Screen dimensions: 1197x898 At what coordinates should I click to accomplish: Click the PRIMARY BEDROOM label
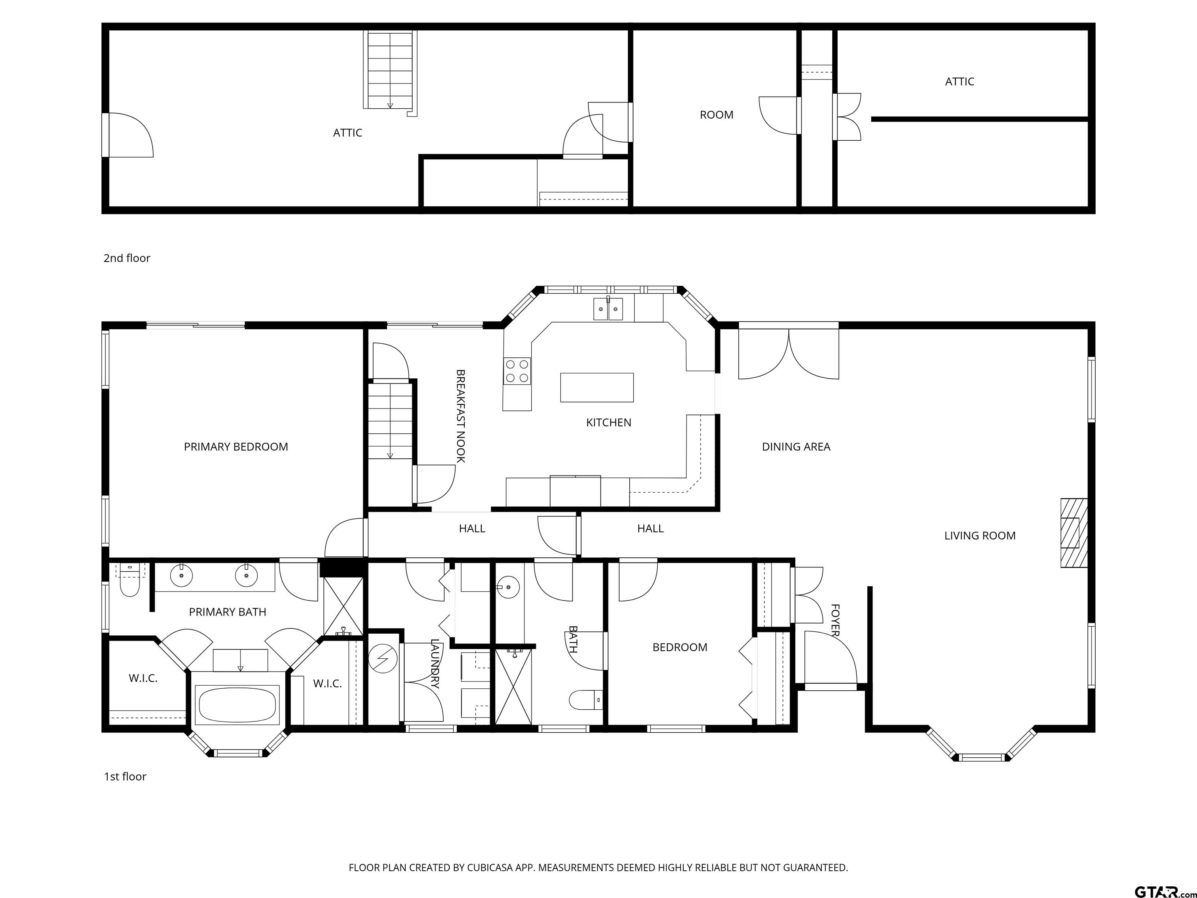(236, 447)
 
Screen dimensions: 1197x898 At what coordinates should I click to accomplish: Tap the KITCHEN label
(608, 422)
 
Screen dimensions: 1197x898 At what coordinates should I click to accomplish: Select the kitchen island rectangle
(597, 387)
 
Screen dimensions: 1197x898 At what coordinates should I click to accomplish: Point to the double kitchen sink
(608, 309)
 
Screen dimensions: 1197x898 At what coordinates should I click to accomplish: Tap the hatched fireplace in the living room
(1073, 533)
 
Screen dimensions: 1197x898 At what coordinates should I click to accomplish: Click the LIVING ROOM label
(980, 536)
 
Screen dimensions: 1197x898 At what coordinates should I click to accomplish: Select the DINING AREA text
(796, 447)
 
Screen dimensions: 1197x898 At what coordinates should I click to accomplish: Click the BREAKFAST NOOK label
(461, 416)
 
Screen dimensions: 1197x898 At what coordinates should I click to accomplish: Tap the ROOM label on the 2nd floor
(717, 115)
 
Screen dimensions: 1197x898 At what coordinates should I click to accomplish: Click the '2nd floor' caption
(127, 258)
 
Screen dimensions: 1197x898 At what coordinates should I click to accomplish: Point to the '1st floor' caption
(125, 777)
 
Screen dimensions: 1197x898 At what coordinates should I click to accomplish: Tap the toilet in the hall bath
(586, 699)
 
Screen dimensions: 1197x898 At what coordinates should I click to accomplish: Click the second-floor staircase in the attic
(390, 71)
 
